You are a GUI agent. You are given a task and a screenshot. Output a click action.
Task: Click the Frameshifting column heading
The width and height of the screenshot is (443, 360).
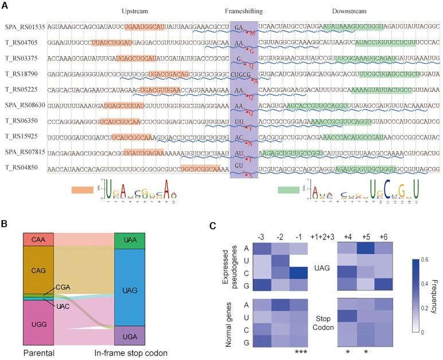pos(243,11)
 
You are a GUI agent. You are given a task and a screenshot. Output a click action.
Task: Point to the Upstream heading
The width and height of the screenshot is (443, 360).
pos(135,11)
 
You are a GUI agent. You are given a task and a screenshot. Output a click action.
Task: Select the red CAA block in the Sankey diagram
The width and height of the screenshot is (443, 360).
pos(38,239)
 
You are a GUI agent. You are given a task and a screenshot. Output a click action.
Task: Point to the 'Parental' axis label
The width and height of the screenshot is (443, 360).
pos(38,352)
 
